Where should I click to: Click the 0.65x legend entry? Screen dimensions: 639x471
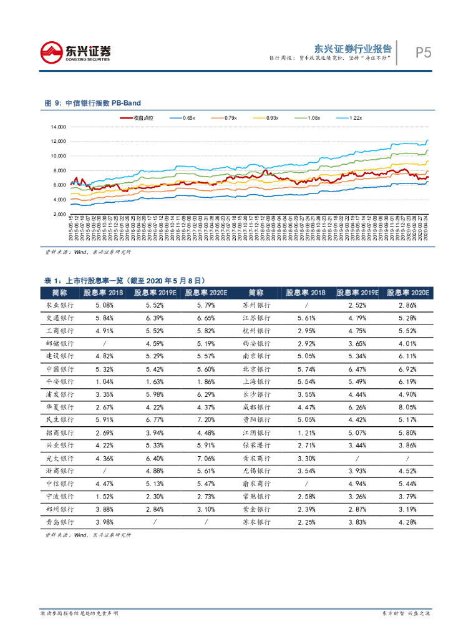(182, 117)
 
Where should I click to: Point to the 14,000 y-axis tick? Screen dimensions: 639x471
(58, 127)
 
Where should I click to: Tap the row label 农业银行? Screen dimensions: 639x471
(60, 305)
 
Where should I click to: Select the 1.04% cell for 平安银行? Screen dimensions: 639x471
(105, 381)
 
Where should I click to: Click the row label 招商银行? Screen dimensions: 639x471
(60, 432)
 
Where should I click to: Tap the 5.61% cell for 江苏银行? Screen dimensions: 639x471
(308, 318)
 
